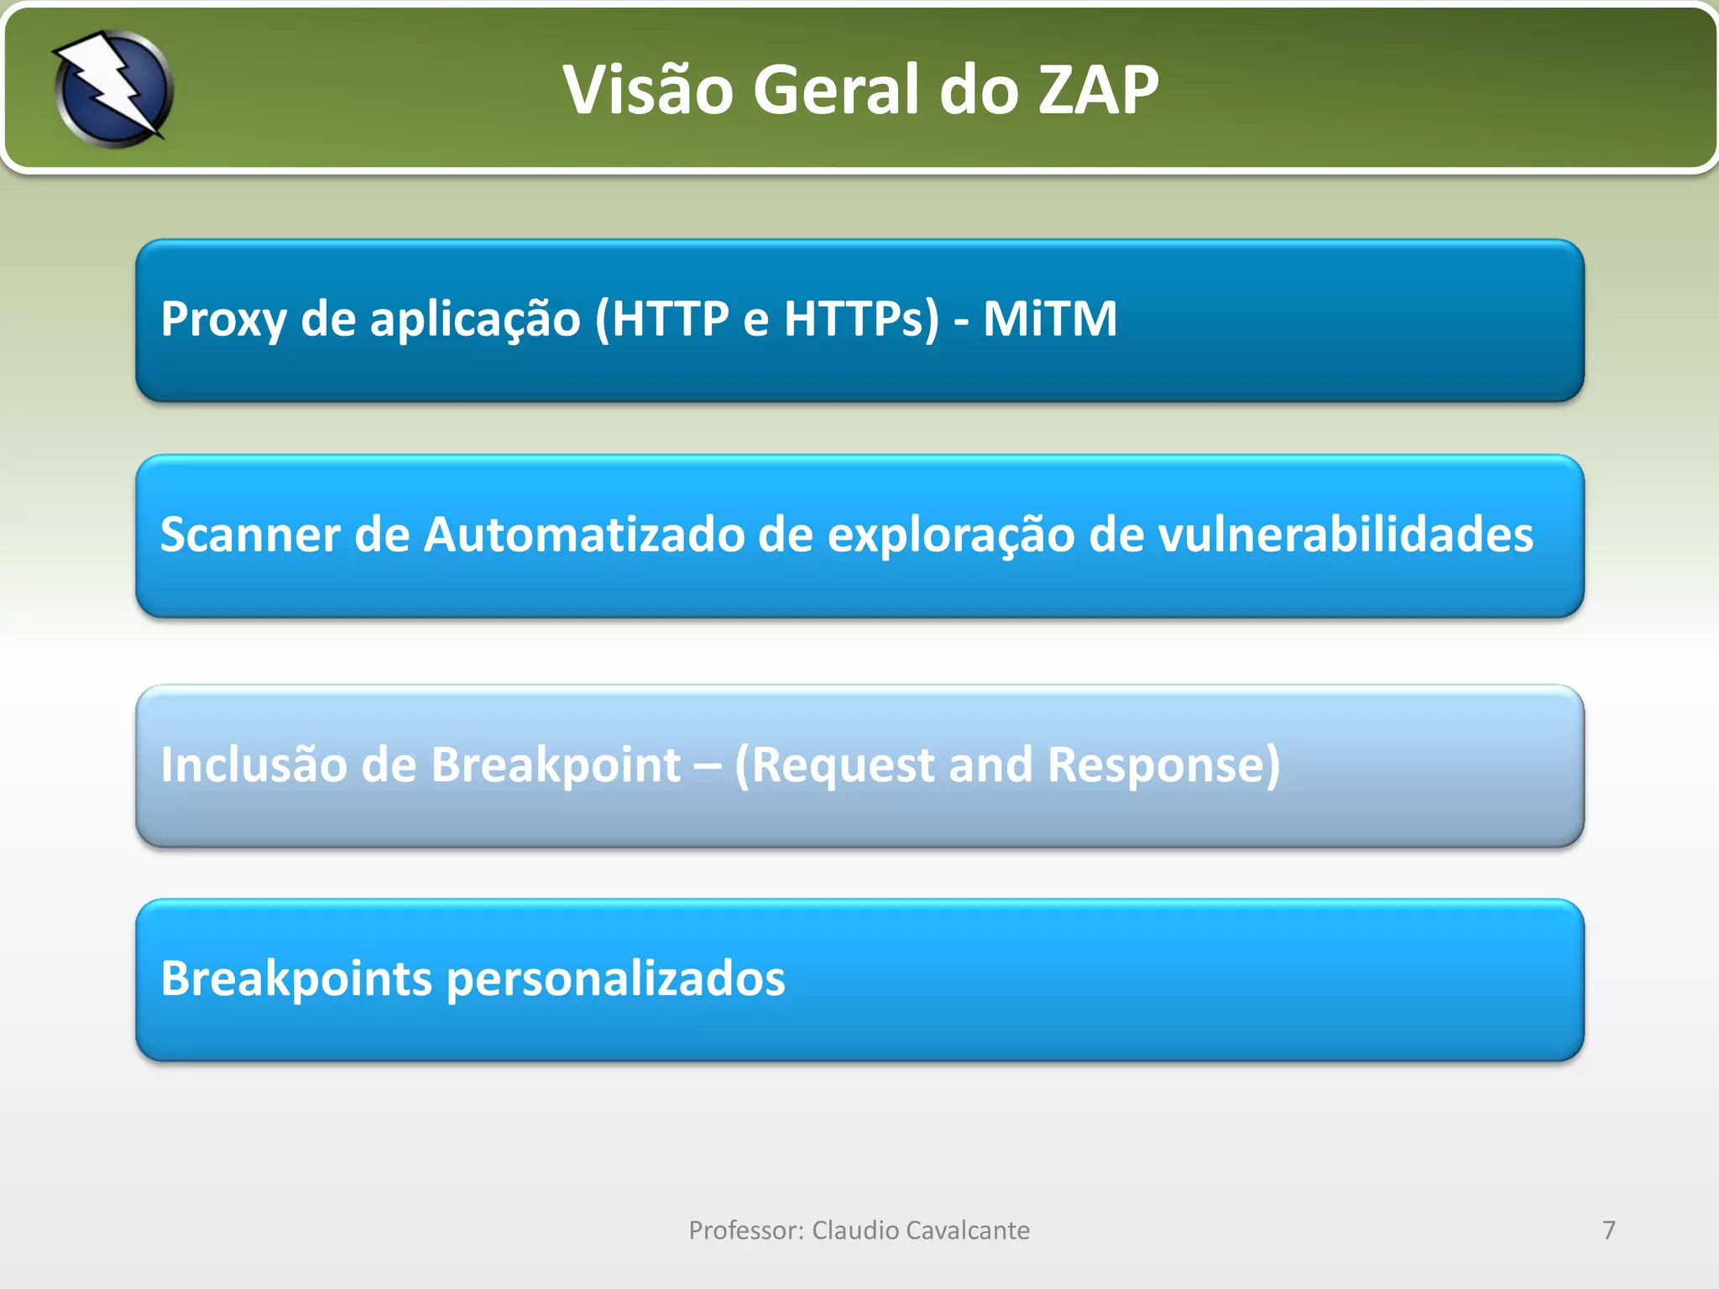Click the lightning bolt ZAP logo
point(113,89)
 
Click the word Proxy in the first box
point(223,320)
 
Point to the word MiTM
point(1049,320)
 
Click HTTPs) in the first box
point(861,320)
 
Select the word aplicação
point(475,320)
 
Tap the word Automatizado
point(584,535)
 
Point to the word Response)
point(1163,765)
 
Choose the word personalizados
point(616,979)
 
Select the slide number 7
point(1608,1230)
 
